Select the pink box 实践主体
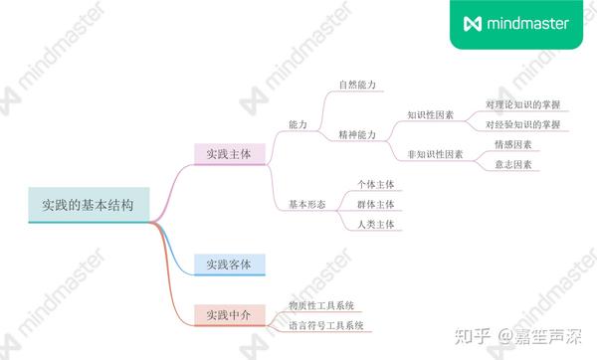point(229,154)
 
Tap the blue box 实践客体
point(229,264)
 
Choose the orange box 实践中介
point(229,315)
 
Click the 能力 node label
point(298,124)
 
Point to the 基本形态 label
point(306,204)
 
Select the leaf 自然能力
point(356,85)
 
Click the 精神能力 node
point(356,134)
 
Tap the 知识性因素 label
point(431,114)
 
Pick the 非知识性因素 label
point(436,154)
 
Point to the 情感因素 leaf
point(513,144)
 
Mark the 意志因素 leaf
point(513,164)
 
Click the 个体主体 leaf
point(376,184)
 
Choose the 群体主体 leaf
point(376,204)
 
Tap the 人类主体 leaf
point(376,224)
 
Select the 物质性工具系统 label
point(321,305)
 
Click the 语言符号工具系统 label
point(325,325)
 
